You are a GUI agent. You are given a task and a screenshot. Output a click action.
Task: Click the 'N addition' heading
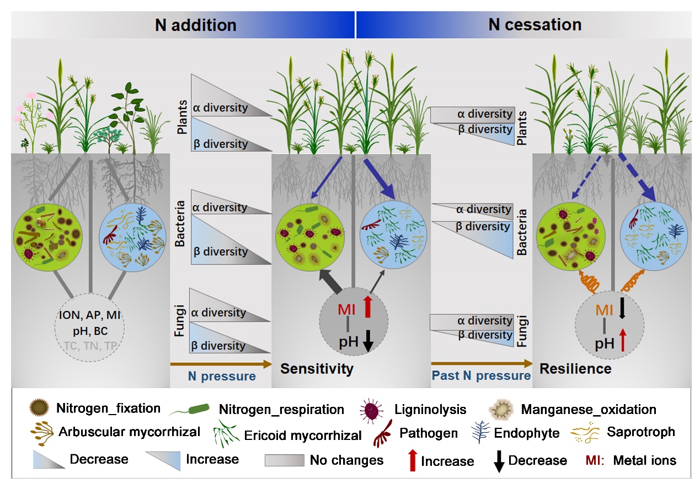(195, 25)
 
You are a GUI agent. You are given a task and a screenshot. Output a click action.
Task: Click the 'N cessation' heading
(535, 25)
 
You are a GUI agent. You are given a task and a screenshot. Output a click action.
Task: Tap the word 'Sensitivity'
(317, 368)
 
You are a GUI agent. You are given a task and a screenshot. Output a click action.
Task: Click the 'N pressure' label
(222, 377)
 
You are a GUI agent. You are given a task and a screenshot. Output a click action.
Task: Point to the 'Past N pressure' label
(480, 376)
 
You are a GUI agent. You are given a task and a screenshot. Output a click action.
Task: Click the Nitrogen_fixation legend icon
(40, 409)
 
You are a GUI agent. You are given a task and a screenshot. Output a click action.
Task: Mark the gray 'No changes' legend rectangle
(284, 460)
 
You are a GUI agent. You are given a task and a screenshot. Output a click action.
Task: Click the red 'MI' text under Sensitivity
(346, 310)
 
